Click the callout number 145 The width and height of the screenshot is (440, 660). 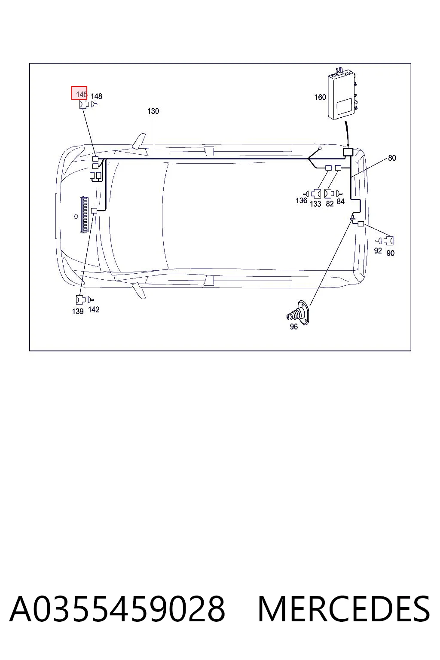pos(81,95)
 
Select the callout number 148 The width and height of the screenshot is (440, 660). pos(96,96)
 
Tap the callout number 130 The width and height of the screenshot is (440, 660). pos(153,111)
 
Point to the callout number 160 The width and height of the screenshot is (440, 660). pos(320,97)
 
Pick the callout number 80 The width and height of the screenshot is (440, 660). pos(392,158)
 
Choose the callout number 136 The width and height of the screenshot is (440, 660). pos(301,201)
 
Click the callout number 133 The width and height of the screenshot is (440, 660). pos(315,204)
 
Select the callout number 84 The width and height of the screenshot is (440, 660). pos(341,202)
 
